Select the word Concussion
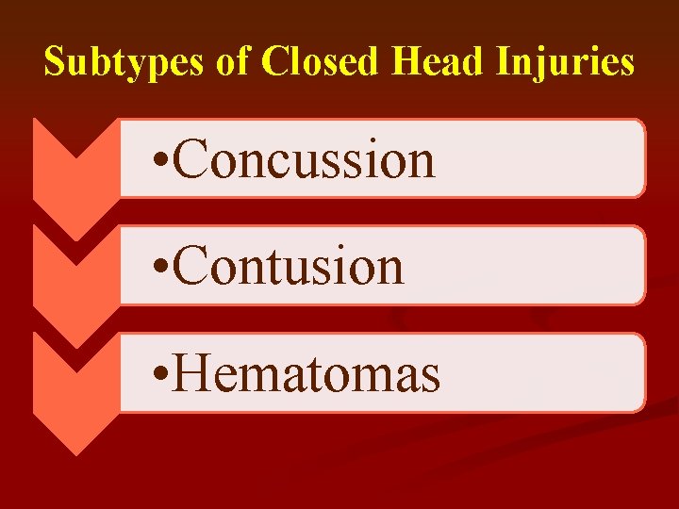(304, 158)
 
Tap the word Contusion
(289, 266)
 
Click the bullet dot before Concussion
(163, 161)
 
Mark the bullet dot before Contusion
(163, 269)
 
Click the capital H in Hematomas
(195, 373)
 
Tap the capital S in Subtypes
(55, 62)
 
